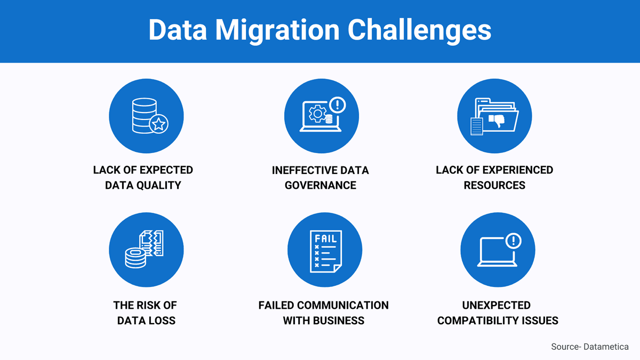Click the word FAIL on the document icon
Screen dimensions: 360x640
click(325, 238)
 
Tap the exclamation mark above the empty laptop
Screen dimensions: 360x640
click(513, 241)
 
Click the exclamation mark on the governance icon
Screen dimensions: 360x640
click(338, 103)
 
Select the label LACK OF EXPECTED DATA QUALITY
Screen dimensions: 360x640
click(143, 178)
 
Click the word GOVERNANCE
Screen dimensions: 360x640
click(320, 185)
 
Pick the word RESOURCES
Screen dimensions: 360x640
click(494, 185)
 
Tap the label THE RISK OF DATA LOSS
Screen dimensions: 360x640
click(145, 313)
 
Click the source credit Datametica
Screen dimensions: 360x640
click(606, 347)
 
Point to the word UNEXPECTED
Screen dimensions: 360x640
click(496, 306)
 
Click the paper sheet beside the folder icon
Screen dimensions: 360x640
click(476, 126)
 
